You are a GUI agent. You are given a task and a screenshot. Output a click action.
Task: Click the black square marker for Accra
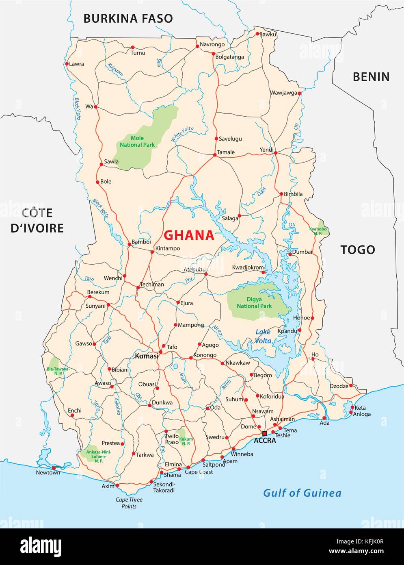point(265,433)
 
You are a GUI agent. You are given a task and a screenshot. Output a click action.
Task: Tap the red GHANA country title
point(188,235)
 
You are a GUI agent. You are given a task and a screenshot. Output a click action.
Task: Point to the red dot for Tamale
point(215,155)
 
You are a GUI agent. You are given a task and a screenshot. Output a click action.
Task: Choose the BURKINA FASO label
point(128,18)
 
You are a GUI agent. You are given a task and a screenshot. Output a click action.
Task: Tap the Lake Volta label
point(263,337)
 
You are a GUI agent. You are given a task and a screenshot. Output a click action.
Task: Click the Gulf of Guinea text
point(302,493)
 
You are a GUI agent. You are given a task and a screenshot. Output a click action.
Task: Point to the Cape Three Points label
point(129,503)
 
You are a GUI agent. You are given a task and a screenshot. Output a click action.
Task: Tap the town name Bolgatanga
point(229,57)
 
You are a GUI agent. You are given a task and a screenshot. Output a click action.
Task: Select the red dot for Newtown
point(54,468)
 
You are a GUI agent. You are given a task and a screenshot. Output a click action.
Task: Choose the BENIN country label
point(371,76)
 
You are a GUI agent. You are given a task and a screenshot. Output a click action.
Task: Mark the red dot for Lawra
point(67,64)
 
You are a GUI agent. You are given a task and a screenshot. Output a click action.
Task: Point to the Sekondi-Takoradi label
point(164,487)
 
